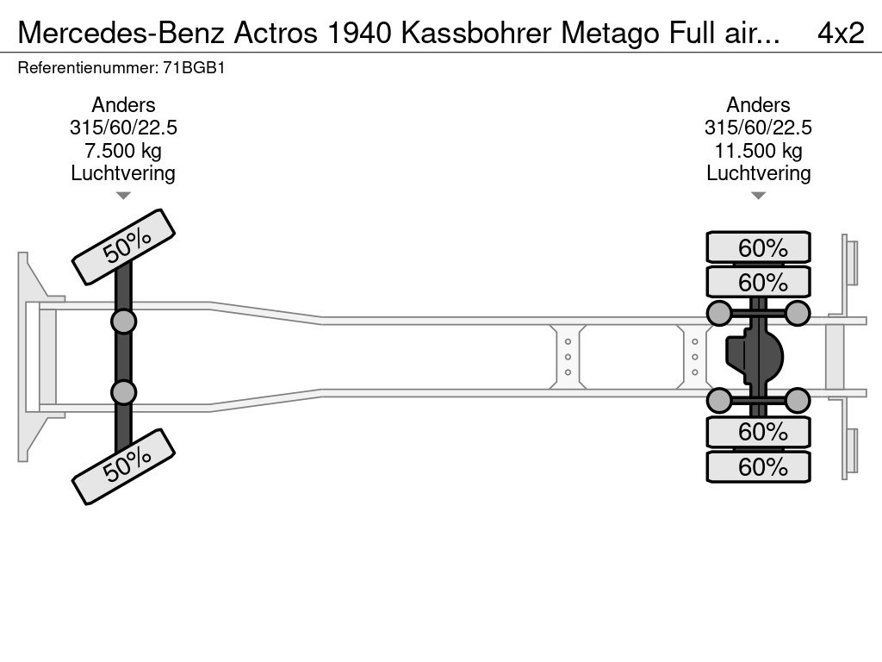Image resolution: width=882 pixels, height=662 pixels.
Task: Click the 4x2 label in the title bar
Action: (840, 33)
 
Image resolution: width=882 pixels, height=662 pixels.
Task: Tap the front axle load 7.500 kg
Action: (123, 151)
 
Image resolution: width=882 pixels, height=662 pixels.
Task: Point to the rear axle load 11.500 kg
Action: (758, 151)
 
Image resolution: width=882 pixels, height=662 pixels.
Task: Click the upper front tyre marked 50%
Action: (123, 247)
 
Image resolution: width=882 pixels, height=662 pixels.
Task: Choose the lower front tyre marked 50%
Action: (123, 466)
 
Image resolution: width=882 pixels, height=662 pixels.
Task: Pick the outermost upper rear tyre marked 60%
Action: (758, 247)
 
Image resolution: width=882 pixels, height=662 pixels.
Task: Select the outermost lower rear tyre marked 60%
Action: (758, 467)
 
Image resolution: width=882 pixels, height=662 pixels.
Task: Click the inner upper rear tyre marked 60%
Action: (758, 282)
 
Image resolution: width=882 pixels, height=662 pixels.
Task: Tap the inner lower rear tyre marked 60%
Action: (758, 431)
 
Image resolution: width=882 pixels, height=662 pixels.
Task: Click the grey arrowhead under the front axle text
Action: (123, 196)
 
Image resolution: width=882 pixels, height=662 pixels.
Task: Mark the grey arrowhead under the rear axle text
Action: (758, 196)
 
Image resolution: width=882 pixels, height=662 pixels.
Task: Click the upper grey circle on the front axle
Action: (123, 322)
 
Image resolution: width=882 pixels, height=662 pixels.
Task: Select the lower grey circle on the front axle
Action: (123, 392)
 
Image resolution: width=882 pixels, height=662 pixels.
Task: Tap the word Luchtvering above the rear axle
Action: (758, 173)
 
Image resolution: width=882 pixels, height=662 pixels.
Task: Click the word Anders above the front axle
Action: (123, 105)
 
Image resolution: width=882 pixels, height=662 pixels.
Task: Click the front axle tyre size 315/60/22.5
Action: (123, 128)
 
